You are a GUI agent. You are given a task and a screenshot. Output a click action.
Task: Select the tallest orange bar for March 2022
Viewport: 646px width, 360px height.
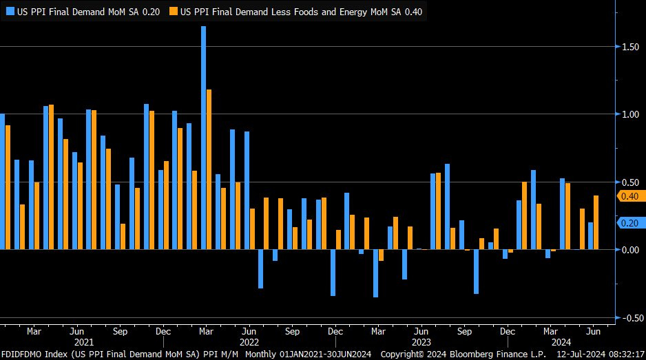209,169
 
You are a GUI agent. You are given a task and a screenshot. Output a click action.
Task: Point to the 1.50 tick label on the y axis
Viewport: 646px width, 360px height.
630,46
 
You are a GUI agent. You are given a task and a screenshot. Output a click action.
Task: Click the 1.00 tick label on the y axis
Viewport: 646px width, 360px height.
630,114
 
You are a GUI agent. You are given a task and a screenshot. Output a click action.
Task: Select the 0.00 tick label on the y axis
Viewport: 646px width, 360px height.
630,250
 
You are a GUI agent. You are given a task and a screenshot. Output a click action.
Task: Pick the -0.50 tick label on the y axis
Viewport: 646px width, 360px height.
629,318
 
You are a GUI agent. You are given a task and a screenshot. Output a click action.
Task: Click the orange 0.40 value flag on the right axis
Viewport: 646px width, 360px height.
630,196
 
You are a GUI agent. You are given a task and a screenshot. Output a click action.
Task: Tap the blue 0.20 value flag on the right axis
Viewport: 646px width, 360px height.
630,223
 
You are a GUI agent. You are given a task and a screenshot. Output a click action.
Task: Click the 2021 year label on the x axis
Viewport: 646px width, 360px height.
83,342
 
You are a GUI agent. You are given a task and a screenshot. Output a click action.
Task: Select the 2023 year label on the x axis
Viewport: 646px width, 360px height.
421,342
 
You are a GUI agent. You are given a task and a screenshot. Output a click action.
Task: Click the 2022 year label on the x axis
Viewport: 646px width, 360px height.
249,342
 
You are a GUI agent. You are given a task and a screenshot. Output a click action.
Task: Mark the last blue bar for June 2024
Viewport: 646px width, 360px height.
590,236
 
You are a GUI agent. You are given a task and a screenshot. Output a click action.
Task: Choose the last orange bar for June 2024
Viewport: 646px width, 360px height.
596,222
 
